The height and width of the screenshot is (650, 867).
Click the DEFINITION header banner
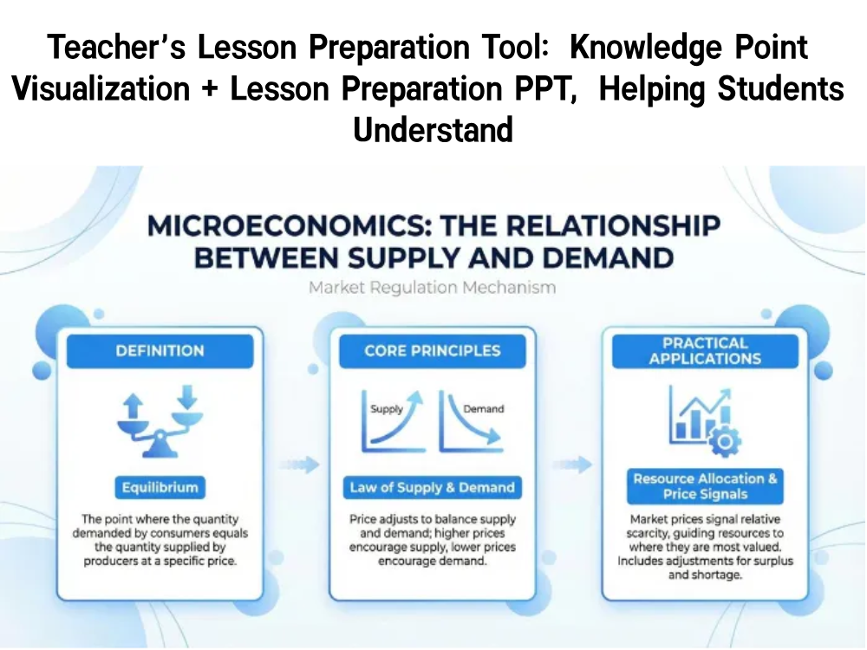click(160, 351)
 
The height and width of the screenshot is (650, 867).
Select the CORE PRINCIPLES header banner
click(432, 351)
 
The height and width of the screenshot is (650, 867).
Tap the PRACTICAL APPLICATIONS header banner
click(704, 351)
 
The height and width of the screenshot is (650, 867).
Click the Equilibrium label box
click(160, 487)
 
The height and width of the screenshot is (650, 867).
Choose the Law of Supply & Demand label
click(432, 487)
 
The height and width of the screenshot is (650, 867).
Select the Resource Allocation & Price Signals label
click(704, 486)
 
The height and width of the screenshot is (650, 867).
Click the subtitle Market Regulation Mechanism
click(432, 288)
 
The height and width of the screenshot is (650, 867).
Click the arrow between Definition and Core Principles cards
click(296, 464)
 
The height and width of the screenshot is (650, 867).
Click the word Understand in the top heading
click(433, 131)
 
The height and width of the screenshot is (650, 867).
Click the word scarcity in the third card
click(650, 534)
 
